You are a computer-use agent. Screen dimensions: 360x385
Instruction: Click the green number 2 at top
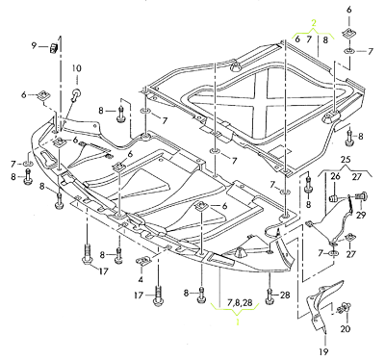pos(312,22)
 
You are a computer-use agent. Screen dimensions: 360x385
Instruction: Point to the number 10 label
pos(77,67)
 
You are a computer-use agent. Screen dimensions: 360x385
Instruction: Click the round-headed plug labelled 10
pos(73,93)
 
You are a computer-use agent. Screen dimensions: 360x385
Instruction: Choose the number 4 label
pos(141,279)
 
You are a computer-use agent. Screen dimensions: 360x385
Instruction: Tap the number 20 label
pos(347,329)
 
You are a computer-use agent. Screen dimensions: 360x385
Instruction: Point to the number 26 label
pos(337,175)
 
